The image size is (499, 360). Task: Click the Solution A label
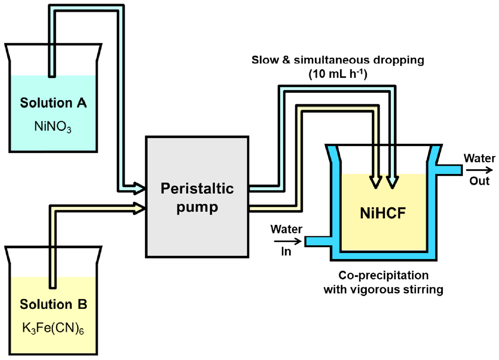pos(53,103)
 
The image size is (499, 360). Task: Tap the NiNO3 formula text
pos(53,126)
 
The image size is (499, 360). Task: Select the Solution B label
pos(53,304)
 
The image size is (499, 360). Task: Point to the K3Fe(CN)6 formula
pos(53,327)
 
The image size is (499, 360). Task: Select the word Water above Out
pos(479,159)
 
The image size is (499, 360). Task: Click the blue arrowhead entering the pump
pos(138,186)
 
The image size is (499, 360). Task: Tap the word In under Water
pos(286,252)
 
